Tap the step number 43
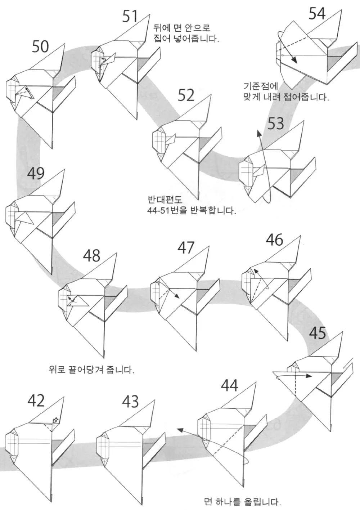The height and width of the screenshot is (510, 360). pyautogui.click(x=130, y=401)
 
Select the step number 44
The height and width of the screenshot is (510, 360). pyautogui.click(x=229, y=386)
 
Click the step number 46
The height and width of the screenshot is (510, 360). pyautogui.click(x=274, y=240)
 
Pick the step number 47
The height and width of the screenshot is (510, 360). pyautogui.click(x=186, y=247)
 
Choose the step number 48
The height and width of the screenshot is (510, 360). pyautogui.click(x=91, y=256)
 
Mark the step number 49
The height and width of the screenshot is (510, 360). pyautogui.click(x=36, y=174)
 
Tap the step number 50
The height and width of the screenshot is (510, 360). pyautogui.click(x=40, y=46)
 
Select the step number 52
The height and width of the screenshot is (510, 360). pyautogui.click(x=186, y=95)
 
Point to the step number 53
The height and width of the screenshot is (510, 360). pyautogui.click(x=275, y=124)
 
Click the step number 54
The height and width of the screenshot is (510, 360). pyautogui.click(x=317, y=14)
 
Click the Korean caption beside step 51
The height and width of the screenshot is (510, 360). pyautogui.click(x=186, y=33)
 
